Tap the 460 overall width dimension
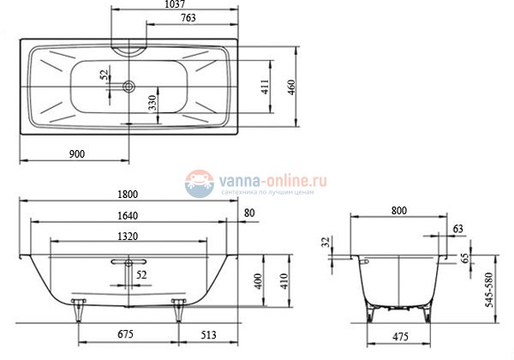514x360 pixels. coord(291,86)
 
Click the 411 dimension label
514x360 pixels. coord(266,86)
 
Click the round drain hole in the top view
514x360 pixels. coord(128,86)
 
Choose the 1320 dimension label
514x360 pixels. coord(129,237)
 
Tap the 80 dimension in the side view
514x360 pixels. coord(249,213)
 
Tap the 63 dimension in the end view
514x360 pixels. coord(457,228)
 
